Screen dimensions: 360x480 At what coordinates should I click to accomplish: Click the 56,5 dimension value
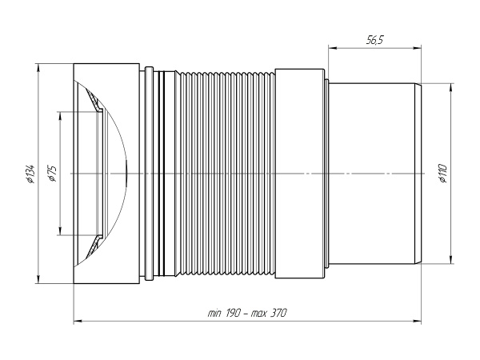coord(373,38)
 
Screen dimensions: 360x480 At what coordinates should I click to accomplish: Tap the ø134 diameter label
coord(30,173)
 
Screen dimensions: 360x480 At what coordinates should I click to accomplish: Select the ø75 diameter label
coord(51,173)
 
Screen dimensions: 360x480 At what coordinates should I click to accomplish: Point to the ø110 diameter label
coord(442,173)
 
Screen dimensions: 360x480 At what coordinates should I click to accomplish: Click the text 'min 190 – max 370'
coord(248,314)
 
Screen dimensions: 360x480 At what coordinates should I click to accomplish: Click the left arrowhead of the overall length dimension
coord(77,322)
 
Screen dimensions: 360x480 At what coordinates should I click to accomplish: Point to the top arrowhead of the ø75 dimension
coord(59,114)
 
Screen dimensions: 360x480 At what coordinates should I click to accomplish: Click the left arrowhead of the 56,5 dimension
coord(330,47)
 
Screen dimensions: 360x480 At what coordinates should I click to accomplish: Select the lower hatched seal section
coord(95,244)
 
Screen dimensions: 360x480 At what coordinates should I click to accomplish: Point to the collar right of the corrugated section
coord(301,173)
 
